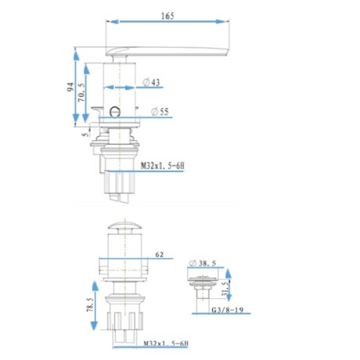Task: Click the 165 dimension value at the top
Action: pyautogui.click(x=168, y=13)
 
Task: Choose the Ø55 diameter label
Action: pyautogui.click(x=160, y=111)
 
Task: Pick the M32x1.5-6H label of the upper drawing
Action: pyautogui.click(x=162, y=165)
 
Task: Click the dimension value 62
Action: pyautogui.click(x=159, y=254)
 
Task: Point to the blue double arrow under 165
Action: pyautogui.click(x=167, y=23)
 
